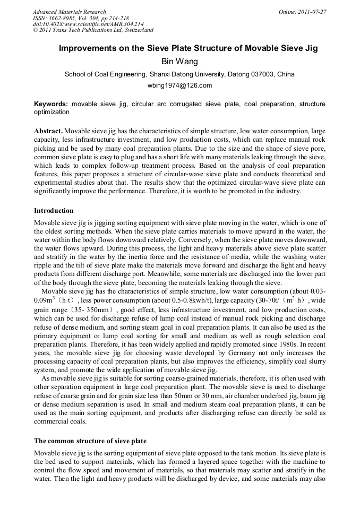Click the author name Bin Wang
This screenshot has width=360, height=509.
(179, 62)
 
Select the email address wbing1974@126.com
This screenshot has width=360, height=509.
(179, 85)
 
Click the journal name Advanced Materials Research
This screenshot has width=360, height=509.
(69, 12)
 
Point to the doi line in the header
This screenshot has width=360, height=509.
(88, 24)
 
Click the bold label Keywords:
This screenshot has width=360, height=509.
(51, 104)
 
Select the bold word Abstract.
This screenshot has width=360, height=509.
(48, 131)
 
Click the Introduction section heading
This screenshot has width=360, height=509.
(54, 211)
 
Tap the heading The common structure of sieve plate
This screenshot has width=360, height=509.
(90, 441)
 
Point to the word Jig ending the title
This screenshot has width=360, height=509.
(310, 48)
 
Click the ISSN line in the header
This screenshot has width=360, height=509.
(80, 18)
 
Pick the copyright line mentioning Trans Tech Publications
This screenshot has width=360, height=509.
(93, 30)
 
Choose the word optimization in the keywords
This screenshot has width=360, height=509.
(52, 112)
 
